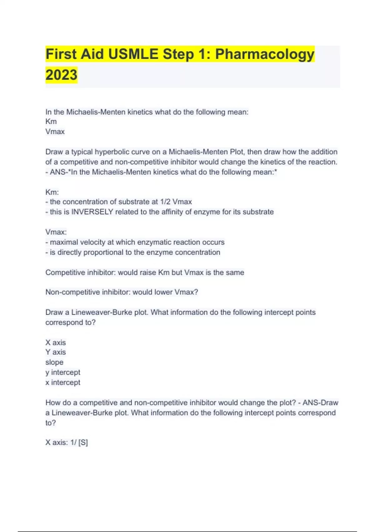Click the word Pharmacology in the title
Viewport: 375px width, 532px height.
tap(265, 54)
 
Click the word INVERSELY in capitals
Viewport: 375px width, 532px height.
tap(92, 212)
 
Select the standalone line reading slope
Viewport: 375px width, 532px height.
tap(54, 362)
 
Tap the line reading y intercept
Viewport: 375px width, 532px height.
tap(63, 372)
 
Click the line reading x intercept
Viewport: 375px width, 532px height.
tap(63, 382)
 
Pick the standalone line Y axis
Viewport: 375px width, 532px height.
tap(56, 352)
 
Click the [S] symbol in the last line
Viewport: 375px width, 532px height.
tap(83, 443)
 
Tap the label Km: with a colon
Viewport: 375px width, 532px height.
tap(52, 192)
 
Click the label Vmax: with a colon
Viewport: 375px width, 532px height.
tap(56, 232)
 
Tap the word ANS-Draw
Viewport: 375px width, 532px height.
tap(320, 403)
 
